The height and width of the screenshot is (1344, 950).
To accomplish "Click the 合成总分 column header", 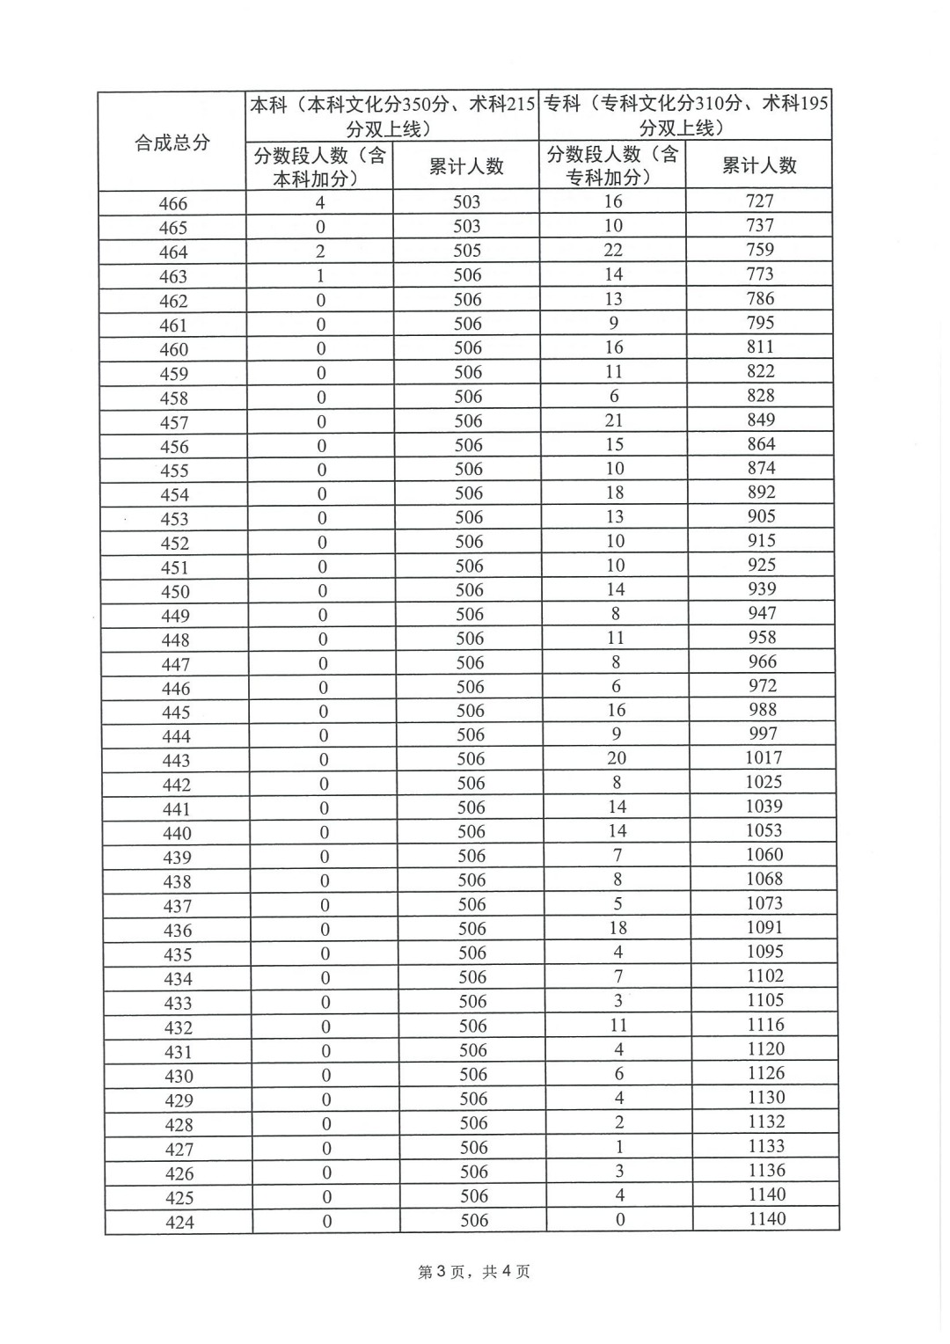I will pyautogui.click(x=172, y=142).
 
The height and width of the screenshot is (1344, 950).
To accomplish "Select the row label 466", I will pyautogui.click(x=173, y=204).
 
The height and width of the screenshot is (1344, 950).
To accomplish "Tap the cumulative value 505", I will pyautogui.click(x=467, y=251).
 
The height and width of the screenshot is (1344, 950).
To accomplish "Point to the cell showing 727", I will pyautogui.click(x=759, y=201).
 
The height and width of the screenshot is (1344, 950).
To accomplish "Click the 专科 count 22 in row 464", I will pyautogui.click(x=613, y=250).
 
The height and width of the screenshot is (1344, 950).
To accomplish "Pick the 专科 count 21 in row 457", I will pyautogui.click(x=614, y=420).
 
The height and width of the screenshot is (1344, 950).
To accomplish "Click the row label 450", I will pyautogui.click(x=175, y=592).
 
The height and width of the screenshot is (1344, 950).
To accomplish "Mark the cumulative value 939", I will pyautogui.click(x=762, y=589).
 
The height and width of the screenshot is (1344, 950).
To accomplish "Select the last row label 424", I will pyautogui.click(x=179, y=1223).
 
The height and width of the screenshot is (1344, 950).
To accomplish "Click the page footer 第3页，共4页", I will pyautogui.click(x=474, y=1272).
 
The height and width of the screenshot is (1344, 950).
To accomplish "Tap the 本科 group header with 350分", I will pyautogui.click(x=392, y=115).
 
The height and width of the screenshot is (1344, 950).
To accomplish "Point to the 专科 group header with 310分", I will pyautogui.click(x=685, y=114).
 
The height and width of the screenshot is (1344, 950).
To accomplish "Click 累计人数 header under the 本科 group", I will pyautogui.click(x=466, y=166).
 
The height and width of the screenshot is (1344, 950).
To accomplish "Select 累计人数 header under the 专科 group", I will pyautogui.click(x=759, y=165).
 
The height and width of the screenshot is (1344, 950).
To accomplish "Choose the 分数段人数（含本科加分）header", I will pyautogui.click(x=319, y=166).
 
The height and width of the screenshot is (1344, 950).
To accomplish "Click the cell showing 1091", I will pyautogui.click(x=764, y=928).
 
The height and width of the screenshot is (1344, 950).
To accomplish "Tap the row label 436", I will pyautogui.click(x=178, y=931).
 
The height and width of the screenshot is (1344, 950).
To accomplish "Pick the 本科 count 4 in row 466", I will pyautogui.click(x=320, y=203).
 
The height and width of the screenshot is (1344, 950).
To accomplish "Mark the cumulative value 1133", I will pyautogui.click(x=766, y=1146).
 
